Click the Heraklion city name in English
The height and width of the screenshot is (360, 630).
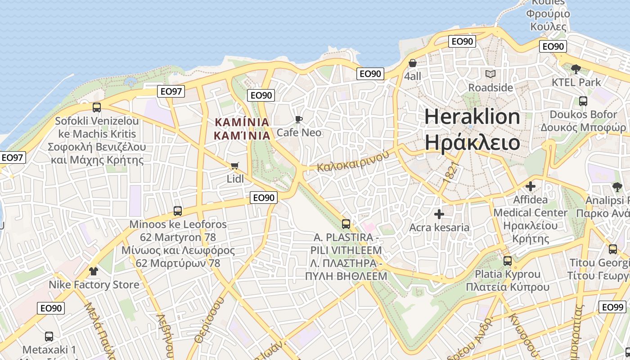[472, 117]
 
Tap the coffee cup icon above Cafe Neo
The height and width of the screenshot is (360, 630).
[298, 119]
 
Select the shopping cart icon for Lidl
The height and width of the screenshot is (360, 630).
[234, 166]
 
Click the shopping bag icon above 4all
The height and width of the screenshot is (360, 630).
[412, 63]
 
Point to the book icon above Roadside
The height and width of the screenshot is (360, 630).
[490, 74]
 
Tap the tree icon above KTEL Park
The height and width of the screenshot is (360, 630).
[576, 69]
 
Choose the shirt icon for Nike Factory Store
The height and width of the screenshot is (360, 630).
[94, 271]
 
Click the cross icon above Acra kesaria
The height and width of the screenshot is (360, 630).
[439, 214]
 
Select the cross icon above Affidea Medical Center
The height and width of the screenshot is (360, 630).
[531, 186]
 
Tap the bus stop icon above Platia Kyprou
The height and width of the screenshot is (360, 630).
[508, 261]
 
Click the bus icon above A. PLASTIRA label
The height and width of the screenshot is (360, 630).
[346, 224]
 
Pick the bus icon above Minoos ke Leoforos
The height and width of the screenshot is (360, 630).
[178, 211]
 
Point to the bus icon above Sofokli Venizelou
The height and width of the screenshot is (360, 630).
[97, 108]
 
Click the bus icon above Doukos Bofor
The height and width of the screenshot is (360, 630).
[583, 101]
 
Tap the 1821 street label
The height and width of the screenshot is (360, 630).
[452, 172]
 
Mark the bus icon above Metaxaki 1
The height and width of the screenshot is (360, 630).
[49, 336]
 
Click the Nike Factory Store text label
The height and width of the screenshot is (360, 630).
[94, 285]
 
